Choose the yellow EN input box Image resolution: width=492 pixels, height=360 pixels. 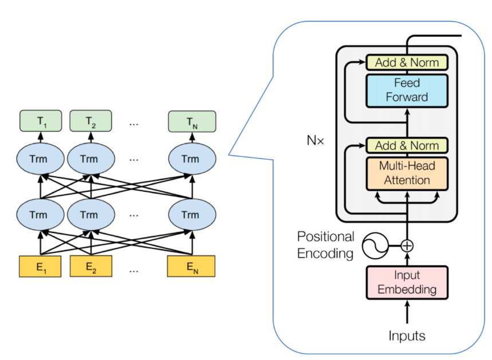pyautogui.click(x=191, y=267)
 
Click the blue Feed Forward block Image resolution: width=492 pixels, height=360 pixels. pyautogui.click(x=407, y=90)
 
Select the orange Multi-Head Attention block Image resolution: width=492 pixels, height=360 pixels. pyautogui.click(x=407, y=173)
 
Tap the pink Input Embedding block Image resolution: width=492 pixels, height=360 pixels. pyautogui.click(x=407, y=282)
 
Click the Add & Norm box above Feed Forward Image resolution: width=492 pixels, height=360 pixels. pyautogui.click(x=407, y=62)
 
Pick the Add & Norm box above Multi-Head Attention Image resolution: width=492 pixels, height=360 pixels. pyautogui.click(x=407, y=145)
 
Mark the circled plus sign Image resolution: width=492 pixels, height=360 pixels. pyautogui.click(x=407, y=246)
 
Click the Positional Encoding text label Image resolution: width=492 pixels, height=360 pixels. pyautogui.click(x=325, y=245)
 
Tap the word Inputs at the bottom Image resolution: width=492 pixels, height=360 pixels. pyautogui.click(x=407, y=336)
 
